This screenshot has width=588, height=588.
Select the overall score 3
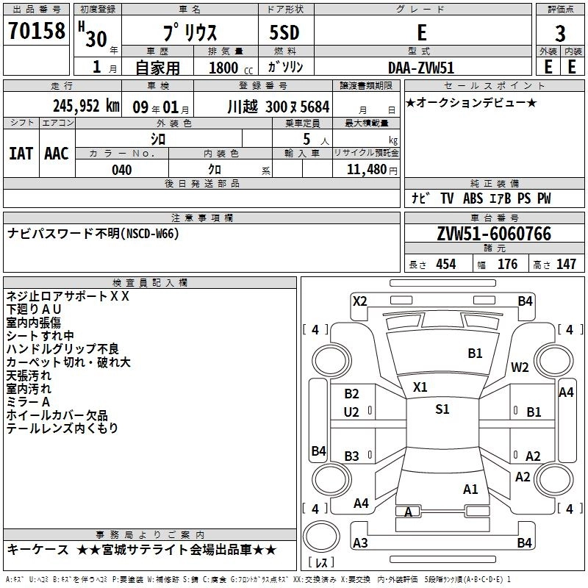[x=560, y=34]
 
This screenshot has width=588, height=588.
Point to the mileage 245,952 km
[x=87, y=105]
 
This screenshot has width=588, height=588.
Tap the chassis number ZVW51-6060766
[x=494, y=234]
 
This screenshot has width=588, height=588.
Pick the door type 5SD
[x=284, y=32]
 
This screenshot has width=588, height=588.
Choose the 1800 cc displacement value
[x=226, y=68]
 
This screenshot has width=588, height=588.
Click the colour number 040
[x=122, y=170]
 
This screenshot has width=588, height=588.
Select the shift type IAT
[x=21, y=153]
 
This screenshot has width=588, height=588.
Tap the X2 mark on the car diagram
[x=359, y=301]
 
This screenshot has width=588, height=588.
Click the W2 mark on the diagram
[x=520, y=367]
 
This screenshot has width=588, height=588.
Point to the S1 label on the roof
[x=442, y=409]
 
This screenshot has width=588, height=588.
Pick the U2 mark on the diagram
[x=351, y=412]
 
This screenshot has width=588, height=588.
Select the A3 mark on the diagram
[x=360, y=543]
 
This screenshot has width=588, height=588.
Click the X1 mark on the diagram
[x=420, y=387]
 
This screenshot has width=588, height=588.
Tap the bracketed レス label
[x=321, y=563]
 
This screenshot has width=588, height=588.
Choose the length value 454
[x=445, y=265]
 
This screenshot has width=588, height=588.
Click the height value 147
[x=566, y=265]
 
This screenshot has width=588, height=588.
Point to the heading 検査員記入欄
[x=150, y=282]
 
